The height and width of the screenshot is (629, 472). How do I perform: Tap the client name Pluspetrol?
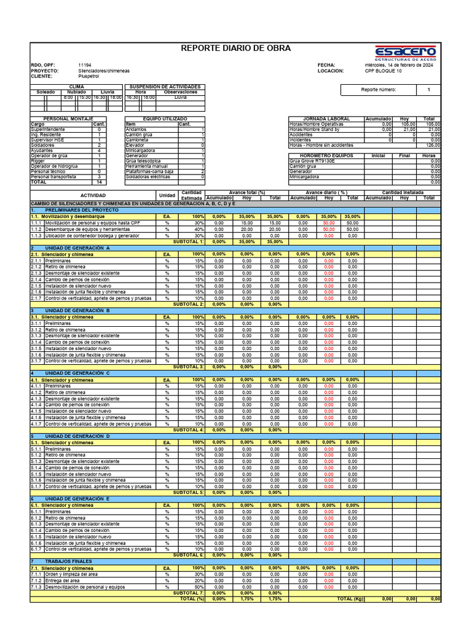90,76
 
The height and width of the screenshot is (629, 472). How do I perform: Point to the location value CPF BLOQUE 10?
383,71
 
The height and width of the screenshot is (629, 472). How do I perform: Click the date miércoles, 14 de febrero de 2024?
398,65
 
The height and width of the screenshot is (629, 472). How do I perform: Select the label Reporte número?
379,90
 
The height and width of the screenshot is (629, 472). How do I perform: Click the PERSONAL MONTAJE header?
68,119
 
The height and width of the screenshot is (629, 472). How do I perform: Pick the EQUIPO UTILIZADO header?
165,119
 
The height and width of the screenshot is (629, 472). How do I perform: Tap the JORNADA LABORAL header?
326,119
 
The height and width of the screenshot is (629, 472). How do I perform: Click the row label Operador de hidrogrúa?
55,166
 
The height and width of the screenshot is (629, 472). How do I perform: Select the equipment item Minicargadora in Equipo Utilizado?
140,150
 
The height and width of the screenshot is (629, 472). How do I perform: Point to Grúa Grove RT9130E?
312,161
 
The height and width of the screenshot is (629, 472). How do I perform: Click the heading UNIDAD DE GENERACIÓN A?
77,248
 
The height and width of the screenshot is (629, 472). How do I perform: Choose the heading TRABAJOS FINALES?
69,561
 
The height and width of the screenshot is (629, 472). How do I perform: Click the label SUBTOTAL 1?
189,242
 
